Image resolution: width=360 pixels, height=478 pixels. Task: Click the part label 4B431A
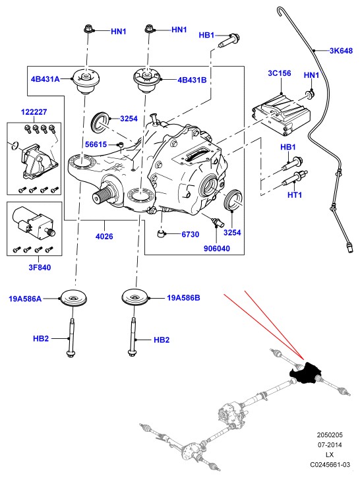45,79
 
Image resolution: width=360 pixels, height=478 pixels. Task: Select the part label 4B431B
192,80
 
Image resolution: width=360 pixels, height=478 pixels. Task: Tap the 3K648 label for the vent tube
341,51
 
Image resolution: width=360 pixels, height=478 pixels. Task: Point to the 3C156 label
280,73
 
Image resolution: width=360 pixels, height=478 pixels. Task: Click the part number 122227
34,112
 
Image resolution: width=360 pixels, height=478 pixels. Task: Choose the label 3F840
40,268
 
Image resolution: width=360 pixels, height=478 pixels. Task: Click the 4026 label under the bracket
104,236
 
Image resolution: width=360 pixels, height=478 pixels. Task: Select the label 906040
217,249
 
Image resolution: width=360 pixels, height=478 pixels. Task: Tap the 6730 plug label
190,235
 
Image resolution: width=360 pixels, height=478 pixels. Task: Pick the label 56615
96,144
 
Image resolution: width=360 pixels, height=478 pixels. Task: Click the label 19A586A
25,299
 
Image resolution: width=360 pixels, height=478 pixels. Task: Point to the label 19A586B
183,298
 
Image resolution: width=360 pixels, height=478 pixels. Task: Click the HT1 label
295,194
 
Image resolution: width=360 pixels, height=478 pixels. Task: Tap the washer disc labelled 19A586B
135,297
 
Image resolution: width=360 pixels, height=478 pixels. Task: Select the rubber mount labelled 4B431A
86,81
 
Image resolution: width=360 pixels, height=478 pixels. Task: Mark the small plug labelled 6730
161,234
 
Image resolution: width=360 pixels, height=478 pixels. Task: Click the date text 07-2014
330,445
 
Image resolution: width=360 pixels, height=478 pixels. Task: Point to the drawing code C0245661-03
330,465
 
